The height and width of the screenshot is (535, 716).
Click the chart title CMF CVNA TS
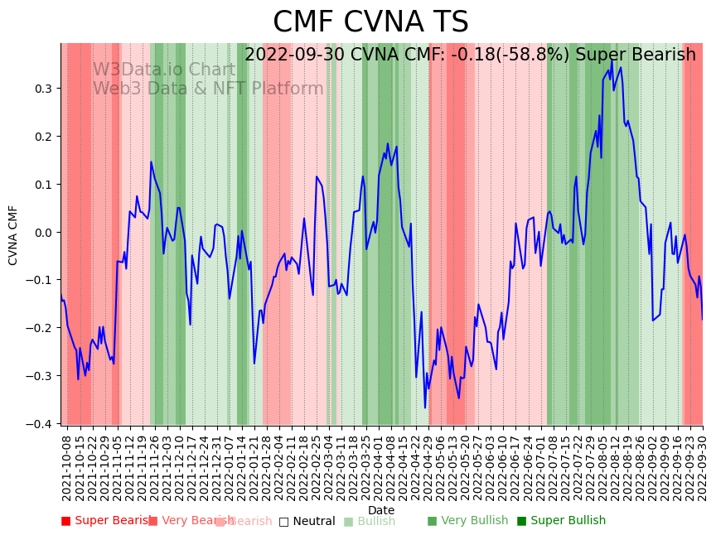pos(370,22)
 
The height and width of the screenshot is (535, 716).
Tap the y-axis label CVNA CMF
pos(13,235)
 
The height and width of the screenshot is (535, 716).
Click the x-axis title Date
pos(381,510)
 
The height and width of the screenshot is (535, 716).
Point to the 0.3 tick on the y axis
pos(42,89)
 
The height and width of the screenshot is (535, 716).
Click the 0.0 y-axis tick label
pos(42,232)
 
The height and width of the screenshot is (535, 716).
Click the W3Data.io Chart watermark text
pos(163,70)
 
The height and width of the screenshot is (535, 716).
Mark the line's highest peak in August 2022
pos(612,60)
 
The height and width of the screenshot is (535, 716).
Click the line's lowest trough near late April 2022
pos(425,407)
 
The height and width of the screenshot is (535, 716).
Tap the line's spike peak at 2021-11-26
pos(151,162)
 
